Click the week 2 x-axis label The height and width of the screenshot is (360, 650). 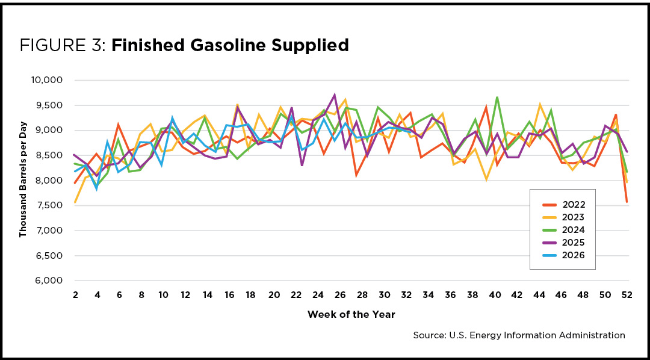tap(75, 295)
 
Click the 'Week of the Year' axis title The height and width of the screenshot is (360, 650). tap(351, 315)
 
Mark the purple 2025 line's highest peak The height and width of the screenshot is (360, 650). tap(335, 95)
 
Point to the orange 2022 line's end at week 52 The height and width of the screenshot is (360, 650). tap(627, 202)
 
